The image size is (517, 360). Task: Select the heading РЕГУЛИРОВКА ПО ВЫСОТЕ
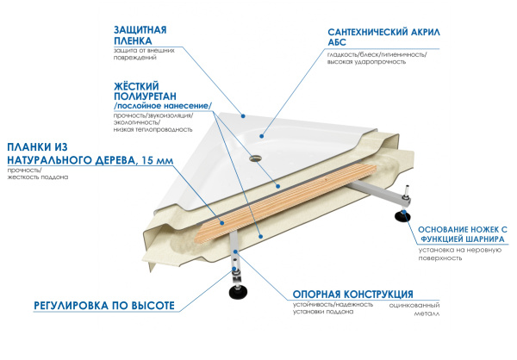[x=104, y=307]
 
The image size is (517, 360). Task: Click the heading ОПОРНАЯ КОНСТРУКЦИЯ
[x=352, y=294]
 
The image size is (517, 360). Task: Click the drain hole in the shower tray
[x=255, y=158]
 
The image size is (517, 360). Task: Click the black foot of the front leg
[x=236, y=291]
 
